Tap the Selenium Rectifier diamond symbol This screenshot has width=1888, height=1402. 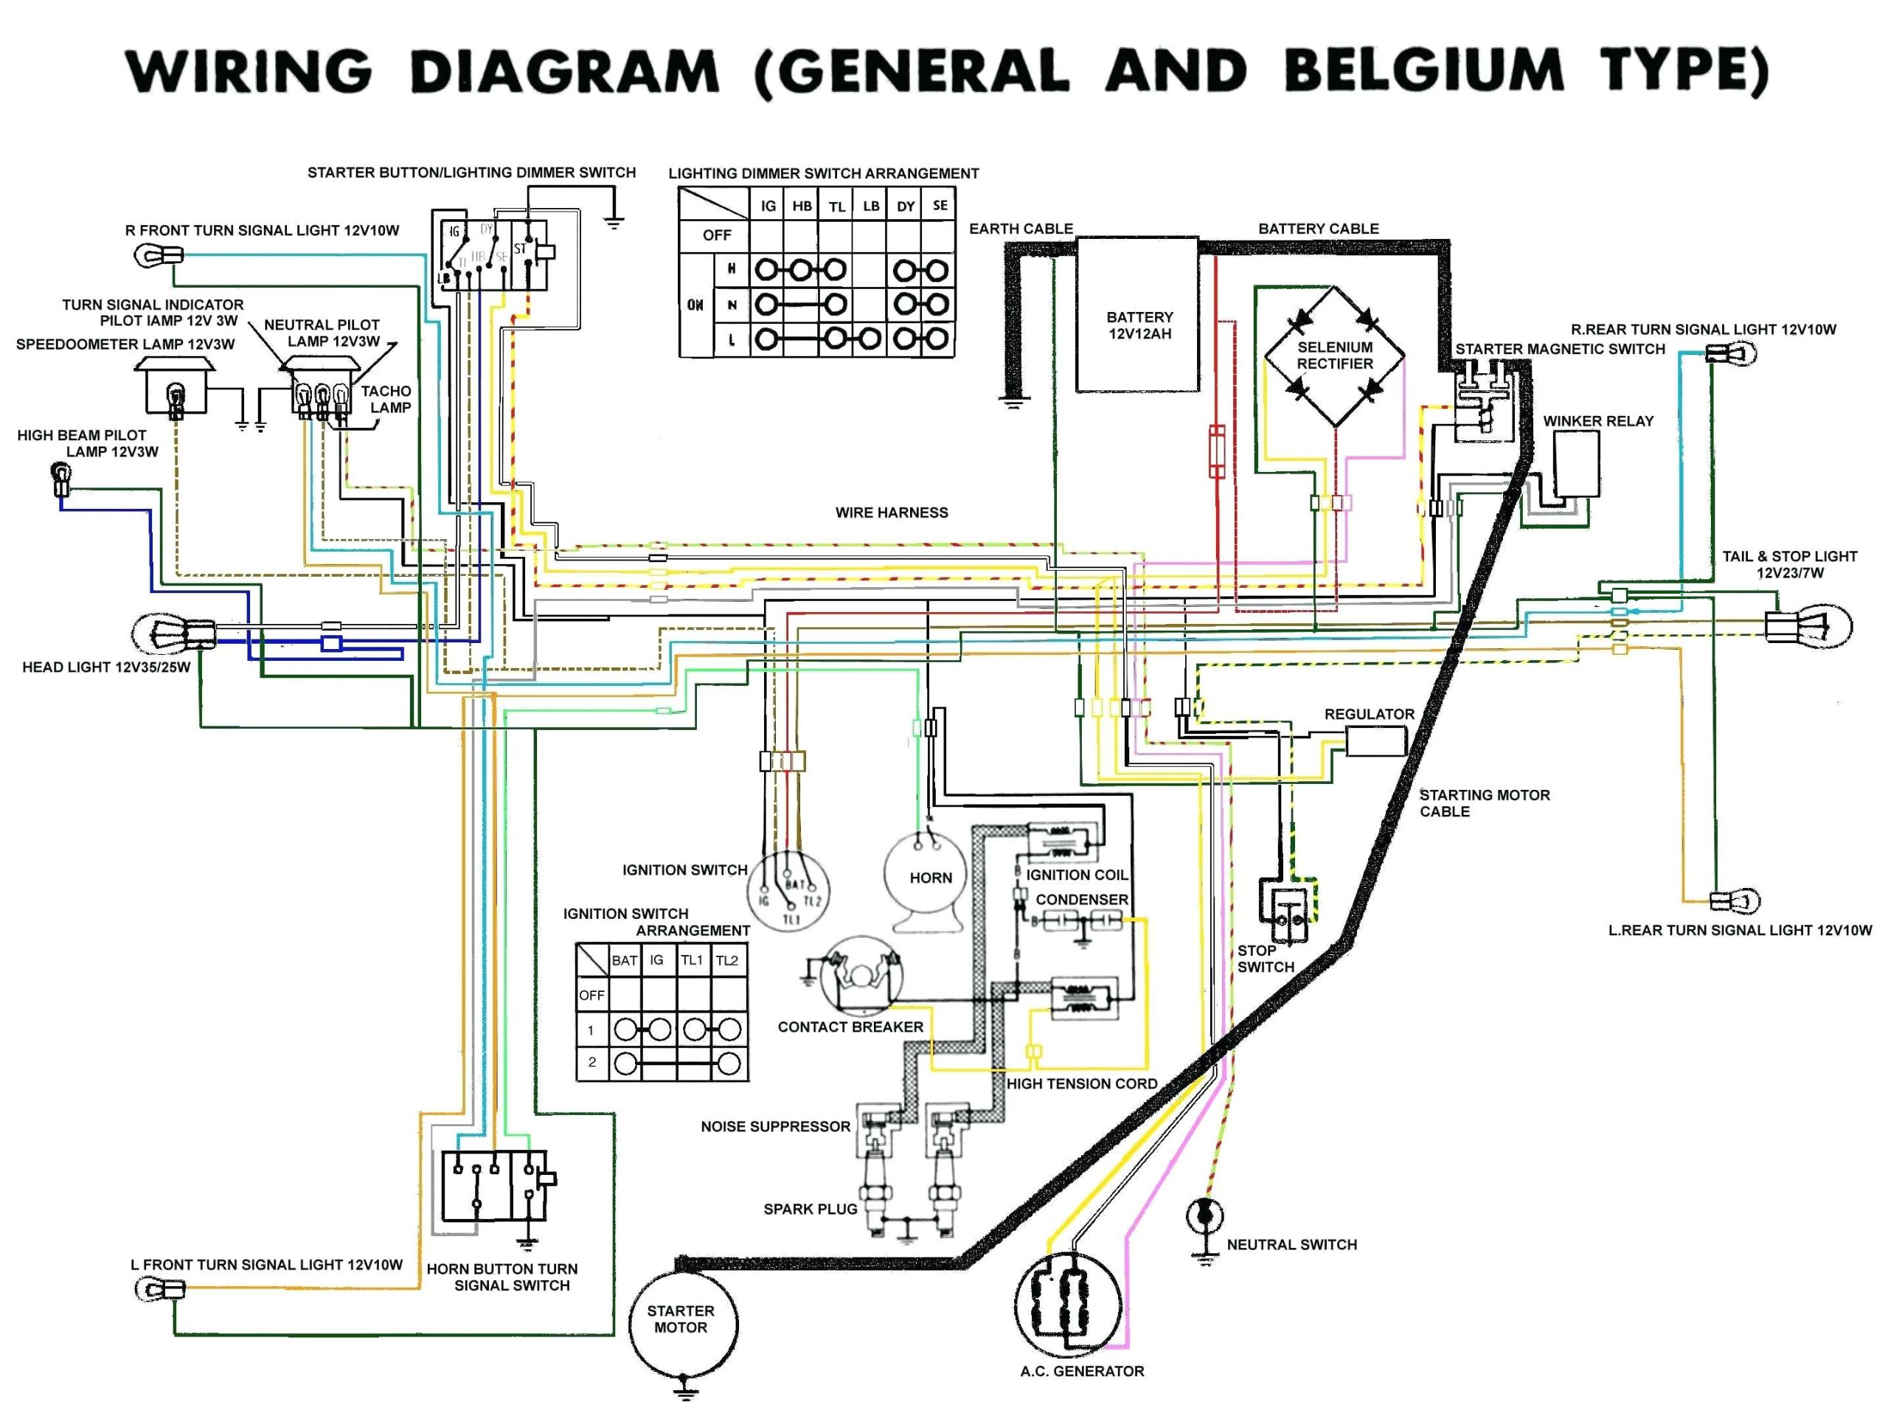(1334, 355)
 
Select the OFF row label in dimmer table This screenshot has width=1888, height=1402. (716, 235)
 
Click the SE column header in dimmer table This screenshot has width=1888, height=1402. (940, 205)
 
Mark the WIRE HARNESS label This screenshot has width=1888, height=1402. (891, 513)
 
